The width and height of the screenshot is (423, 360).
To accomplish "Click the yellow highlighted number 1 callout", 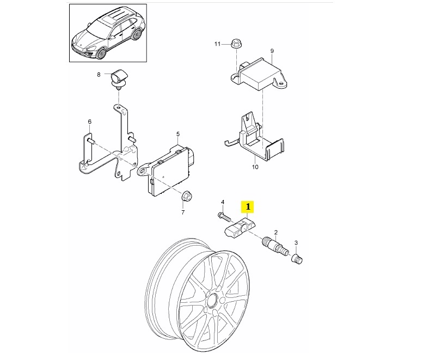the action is tap(248, 207).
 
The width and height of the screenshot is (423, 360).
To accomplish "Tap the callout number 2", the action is tap(275, 232).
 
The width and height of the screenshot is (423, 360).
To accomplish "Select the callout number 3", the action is tap(296, 242).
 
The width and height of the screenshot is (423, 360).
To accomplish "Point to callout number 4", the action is tap(223, 202).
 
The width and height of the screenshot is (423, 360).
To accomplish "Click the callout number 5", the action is tap(178, 134).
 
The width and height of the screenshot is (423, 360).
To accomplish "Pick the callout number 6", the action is tap(90, 121).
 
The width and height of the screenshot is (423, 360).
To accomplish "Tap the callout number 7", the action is tap(183, 212).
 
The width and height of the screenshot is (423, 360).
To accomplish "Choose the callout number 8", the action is tap(99, 75).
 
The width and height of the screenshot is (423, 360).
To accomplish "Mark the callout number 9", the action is tap(272, 51).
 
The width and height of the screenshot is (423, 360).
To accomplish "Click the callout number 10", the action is tap(255, 167).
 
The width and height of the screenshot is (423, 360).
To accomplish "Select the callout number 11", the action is tap(217, 44).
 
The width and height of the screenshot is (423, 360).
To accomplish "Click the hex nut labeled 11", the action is tap(236, 44).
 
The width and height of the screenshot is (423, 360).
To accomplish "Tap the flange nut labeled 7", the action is tap(186, 196).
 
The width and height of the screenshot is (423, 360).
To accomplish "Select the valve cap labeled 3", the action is tap(297, 259).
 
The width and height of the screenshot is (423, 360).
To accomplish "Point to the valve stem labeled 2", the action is tap(274, 246).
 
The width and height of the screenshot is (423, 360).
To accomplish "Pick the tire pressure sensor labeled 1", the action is tap(240, 227).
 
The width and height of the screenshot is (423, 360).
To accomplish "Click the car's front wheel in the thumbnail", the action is tap(101, 53).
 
